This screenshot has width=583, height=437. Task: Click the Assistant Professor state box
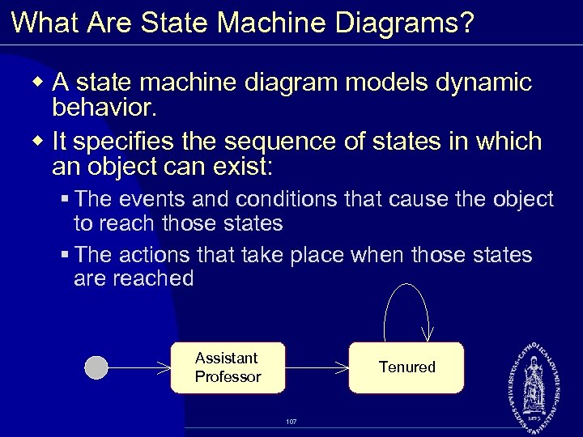click(228, 367)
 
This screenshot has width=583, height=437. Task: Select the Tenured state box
click(406, 367)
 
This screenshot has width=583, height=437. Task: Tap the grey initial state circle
click(96, 367)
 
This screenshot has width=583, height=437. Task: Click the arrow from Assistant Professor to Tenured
click(317, 367)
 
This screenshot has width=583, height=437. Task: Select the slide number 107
click(291, 422)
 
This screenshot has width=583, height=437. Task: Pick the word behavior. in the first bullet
click(104, 107)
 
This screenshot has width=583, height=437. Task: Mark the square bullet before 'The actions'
click(65, 256)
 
